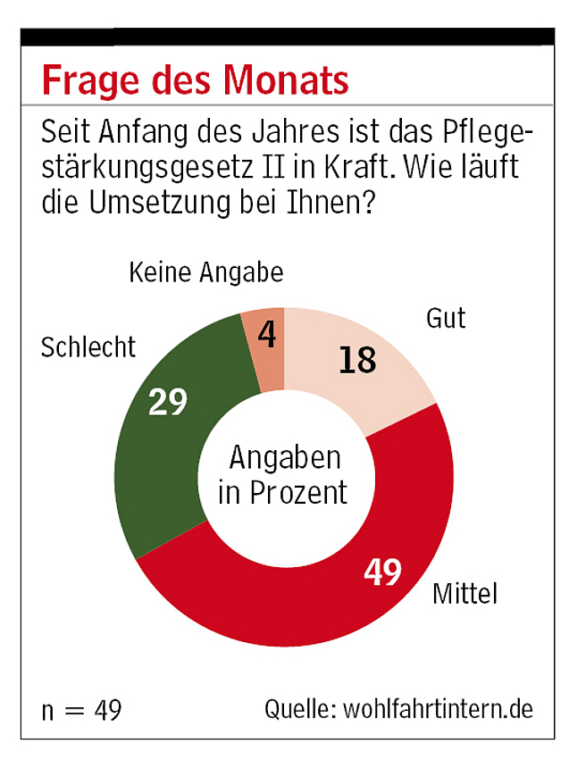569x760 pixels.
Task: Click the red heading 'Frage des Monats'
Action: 195,79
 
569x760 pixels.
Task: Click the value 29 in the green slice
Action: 168,401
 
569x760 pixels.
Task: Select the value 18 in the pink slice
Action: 357,360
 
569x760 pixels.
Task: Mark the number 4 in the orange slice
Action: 266,337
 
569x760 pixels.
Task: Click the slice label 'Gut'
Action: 446,318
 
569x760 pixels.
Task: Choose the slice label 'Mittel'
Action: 464,593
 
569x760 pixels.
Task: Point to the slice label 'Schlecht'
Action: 88,347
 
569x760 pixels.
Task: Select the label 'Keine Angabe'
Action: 205,272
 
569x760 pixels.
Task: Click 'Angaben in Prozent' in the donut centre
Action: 284,475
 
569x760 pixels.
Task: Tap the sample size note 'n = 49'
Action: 81,710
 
